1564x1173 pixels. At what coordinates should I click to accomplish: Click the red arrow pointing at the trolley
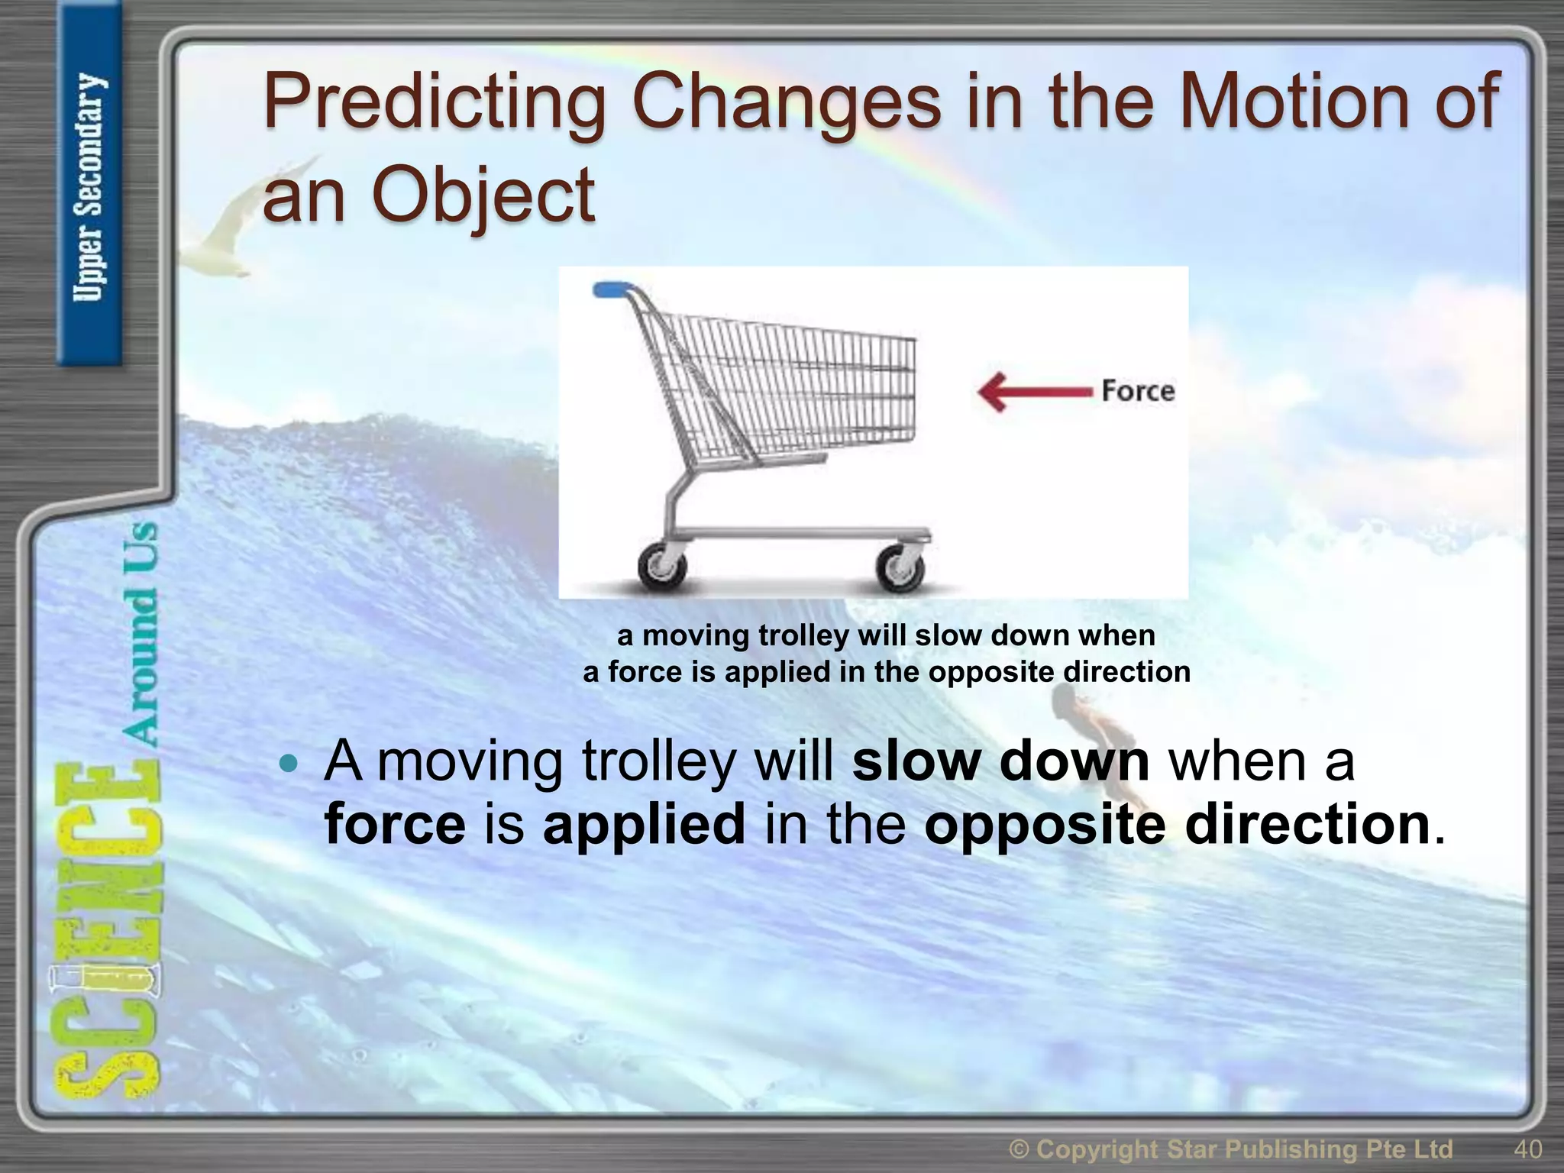(x=1035, y=391)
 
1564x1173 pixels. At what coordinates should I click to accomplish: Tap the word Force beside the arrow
(x=1137, y=391)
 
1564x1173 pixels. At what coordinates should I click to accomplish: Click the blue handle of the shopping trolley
(x=613, y=289)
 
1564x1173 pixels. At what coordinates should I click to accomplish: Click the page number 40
(x=1527, y=1149)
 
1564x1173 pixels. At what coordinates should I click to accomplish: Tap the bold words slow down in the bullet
(x=1000, y=761)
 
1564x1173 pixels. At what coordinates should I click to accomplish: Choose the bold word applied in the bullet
(x=644, y=825)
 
